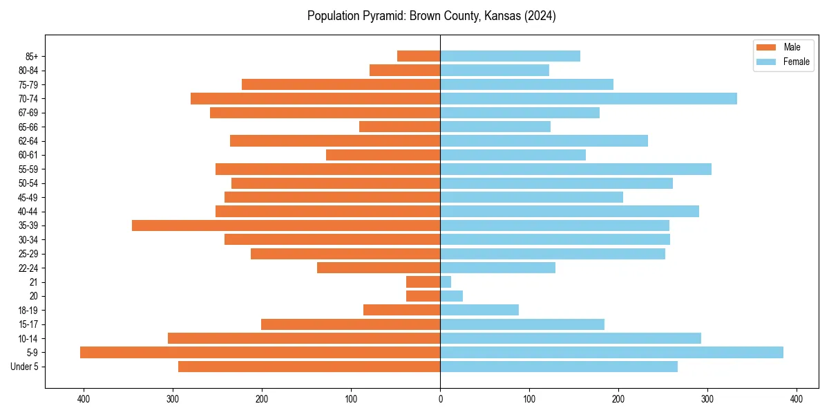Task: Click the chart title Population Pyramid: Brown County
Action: (431, 16)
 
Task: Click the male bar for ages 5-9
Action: (260, 353)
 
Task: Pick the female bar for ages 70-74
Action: (589, 99)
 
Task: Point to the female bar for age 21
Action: (446, 282)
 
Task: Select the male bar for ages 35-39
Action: (286, 225)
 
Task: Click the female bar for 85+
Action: (510, 56)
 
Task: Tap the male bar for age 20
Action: (423, 296)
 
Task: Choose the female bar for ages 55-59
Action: (575, 169)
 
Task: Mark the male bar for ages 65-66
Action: (400, 127)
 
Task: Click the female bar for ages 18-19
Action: (479, 311)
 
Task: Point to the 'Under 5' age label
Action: (25, 367)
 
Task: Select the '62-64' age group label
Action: (28, 141)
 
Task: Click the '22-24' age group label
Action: (28, 268)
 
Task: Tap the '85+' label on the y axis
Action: (31, 56)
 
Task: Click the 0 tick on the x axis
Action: (440, 399)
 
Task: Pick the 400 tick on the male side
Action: (84, 399)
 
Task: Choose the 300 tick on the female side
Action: (707, 399)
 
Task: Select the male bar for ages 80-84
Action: (405, 71)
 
